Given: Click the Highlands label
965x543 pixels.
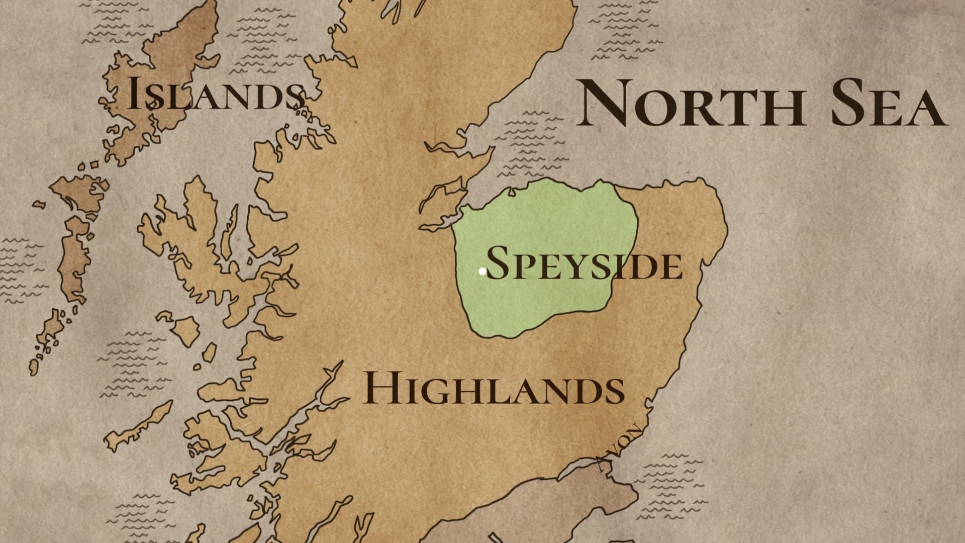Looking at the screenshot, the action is [x=494, y=388].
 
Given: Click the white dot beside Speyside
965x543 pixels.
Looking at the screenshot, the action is [x=482, y=271].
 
